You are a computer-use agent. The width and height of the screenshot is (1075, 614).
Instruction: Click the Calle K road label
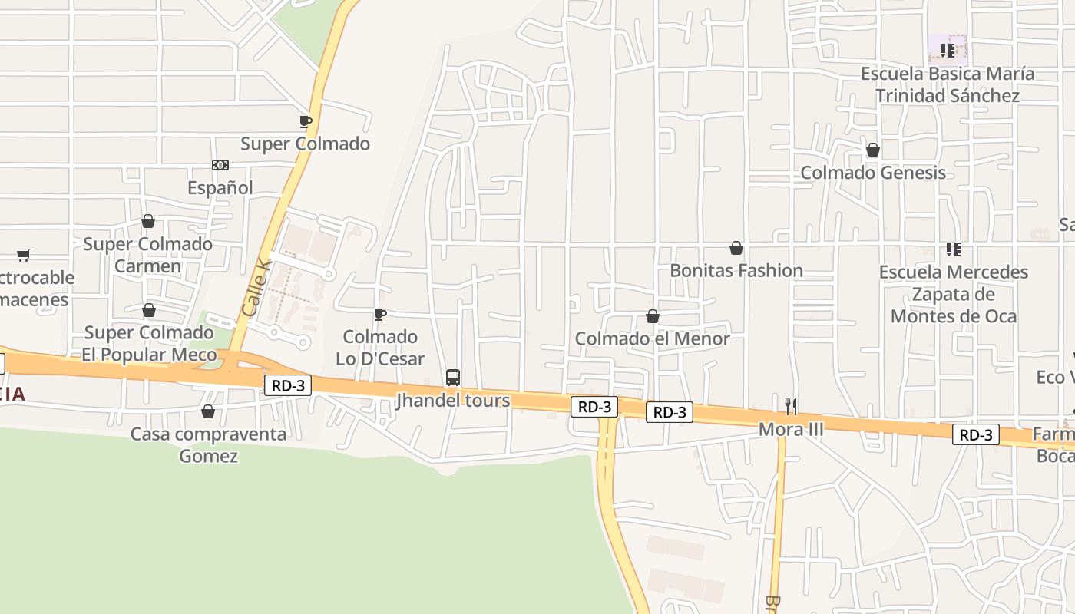click(256, 288)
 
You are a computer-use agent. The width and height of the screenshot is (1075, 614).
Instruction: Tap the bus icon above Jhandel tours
click(453, 378)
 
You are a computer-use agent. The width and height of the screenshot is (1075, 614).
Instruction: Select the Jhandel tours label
click(453, 401)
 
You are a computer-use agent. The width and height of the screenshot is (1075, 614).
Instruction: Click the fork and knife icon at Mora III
click(791, 407)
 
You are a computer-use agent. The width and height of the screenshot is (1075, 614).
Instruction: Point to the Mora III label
click(791, 430)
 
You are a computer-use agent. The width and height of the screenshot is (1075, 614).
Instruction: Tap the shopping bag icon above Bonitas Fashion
click(736, 248)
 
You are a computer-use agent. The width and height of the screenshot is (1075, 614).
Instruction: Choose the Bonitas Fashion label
click(736, 270)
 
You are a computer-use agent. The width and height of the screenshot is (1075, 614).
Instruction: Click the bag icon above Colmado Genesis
click(873, 150)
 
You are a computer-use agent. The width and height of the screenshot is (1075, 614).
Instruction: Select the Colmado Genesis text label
click(873, 173)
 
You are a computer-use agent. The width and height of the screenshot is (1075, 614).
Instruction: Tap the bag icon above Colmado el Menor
click(653, 316)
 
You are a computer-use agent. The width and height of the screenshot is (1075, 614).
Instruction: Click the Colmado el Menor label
click(653, 338)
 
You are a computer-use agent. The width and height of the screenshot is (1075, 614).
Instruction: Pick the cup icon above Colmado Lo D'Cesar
click(379, 314)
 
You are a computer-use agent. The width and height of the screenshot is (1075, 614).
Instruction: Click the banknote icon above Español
click(220, 165)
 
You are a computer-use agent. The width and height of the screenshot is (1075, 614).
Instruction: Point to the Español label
click(220, 188)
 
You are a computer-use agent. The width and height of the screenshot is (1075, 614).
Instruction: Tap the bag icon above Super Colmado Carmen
click(148, 222)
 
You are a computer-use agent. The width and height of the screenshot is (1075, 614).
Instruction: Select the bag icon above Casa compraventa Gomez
click(208, 412)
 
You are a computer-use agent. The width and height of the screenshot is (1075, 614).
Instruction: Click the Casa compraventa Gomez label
click(208, 445)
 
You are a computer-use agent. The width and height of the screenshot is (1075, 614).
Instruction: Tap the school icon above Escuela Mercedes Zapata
click(954, 249)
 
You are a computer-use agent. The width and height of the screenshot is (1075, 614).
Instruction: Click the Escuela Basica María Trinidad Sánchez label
click(948, 84)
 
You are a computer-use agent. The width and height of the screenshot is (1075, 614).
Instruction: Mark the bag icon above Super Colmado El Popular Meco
click(149, 311)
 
